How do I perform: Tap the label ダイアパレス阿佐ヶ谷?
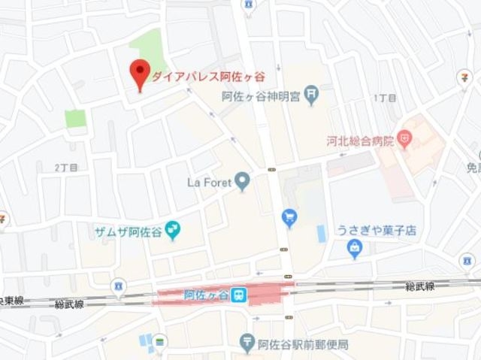tap(208, 76)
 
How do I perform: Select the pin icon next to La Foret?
tap(242, 181)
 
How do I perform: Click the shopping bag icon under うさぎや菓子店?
tap(355, 250)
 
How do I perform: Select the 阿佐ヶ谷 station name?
tap(206, 295)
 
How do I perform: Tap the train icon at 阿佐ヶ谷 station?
tap(239, 295)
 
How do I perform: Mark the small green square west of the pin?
tap(74, 119)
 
